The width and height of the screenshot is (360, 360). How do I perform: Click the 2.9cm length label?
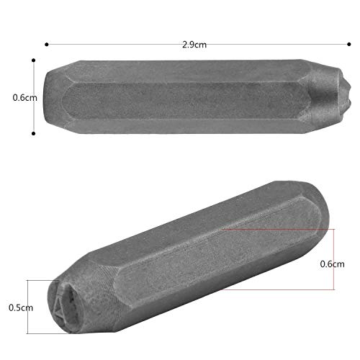click(x=194, y=45)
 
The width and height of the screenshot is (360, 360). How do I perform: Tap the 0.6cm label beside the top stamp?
click(x=24, y=98)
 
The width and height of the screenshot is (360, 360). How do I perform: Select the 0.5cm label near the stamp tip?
click(x=21, y=307)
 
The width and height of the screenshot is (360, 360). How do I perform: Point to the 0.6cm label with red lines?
click(x=332, y=264)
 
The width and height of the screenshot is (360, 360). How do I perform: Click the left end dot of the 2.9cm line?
click(x=47, y=45)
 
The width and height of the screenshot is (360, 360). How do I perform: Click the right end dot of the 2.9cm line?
click(x=349, y=44)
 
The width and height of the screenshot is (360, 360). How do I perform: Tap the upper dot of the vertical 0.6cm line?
click(x=33, y=60)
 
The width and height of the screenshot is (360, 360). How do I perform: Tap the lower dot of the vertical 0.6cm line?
click(x=33, y=133)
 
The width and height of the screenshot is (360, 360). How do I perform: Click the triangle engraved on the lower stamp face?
click(x=58, y=308)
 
